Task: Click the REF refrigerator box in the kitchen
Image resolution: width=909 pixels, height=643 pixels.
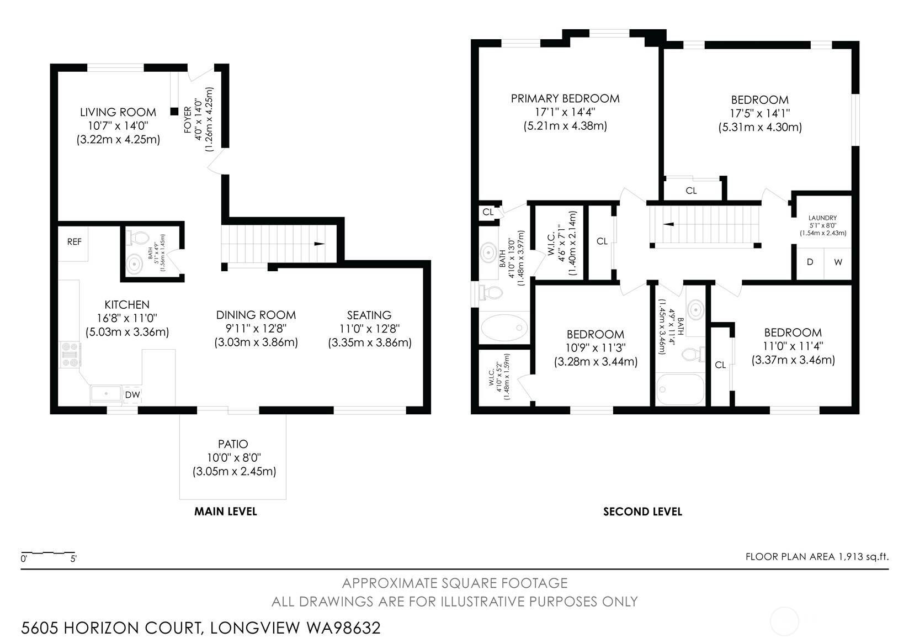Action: (75, 242)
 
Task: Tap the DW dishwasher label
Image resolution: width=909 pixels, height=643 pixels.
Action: (132, 394)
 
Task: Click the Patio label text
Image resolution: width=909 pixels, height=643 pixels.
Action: (233, 444)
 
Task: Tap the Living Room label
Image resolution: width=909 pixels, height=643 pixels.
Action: (118, 112)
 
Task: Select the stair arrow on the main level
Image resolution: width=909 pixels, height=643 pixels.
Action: (320, 244)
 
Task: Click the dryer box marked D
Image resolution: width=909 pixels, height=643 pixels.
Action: (810, 262)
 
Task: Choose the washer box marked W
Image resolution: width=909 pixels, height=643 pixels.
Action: (838, 262)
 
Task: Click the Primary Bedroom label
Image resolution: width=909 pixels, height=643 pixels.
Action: (565, 99)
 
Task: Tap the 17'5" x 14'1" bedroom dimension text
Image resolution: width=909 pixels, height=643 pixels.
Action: (760, 114)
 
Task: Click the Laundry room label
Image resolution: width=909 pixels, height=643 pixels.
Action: (822, 218)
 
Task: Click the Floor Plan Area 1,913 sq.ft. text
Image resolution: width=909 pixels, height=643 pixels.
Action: (817, 556)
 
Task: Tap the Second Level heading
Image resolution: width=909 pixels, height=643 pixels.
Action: (642, 512)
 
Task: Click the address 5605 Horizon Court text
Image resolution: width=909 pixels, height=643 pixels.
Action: (201, 628)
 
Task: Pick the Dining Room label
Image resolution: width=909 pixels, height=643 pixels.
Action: (256, 315)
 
